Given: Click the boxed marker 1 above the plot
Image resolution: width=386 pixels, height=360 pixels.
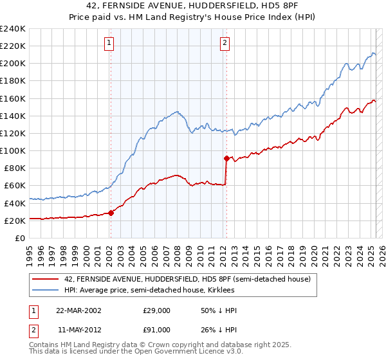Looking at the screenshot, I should [x=110, y=43].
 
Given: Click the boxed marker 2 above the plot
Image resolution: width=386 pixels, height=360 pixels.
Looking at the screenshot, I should [x=225, y=43].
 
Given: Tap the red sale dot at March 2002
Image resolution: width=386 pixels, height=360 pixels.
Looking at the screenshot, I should [x=111, y=213].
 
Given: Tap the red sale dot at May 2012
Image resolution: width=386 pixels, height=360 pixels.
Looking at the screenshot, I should [x=226, y=158].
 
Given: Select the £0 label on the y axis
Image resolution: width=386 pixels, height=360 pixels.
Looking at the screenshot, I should [x=19, y=238].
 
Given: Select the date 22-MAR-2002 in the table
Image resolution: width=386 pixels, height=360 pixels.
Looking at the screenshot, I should [x=78, y=310].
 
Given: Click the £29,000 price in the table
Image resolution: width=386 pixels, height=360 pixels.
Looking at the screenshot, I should [x=156, y=310].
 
